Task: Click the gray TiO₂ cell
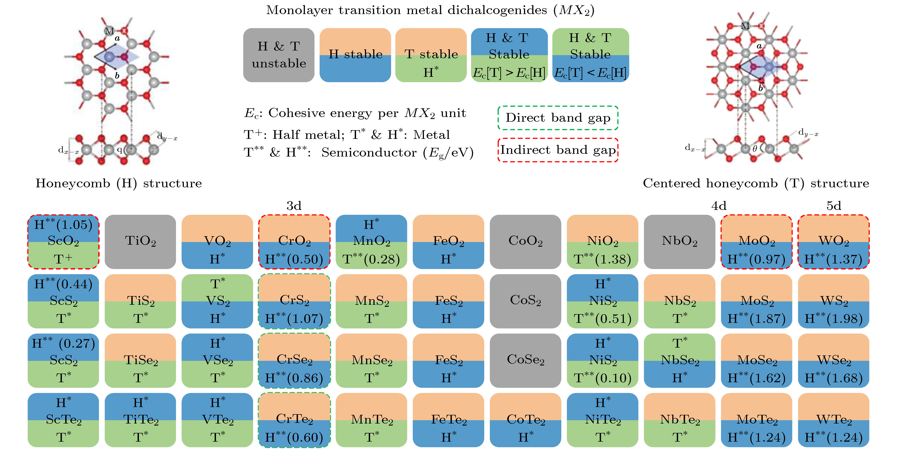(x=140, y=242)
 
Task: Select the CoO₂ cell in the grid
(x=526, y=242)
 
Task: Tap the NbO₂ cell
(x=679, y=242)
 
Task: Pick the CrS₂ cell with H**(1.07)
(x=294, y=301)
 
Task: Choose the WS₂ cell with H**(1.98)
(x=834, y=301)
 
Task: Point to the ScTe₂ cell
(x=63, y=420)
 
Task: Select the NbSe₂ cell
(x=679, y=361)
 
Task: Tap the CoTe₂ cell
(x=526, y=420)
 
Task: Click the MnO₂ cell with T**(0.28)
(x=371, y=242)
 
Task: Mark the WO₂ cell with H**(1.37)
(x=834, y=242)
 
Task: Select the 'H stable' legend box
(x=355, y=55)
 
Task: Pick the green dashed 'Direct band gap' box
(x=558, y=118)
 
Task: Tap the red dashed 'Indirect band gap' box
(x=558, y=150)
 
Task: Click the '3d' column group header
(x=294, y=206)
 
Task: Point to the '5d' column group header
(x=834, y=206)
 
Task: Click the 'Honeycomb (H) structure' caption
(x=119, y=183)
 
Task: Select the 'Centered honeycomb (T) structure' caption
(x=756, y=183)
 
